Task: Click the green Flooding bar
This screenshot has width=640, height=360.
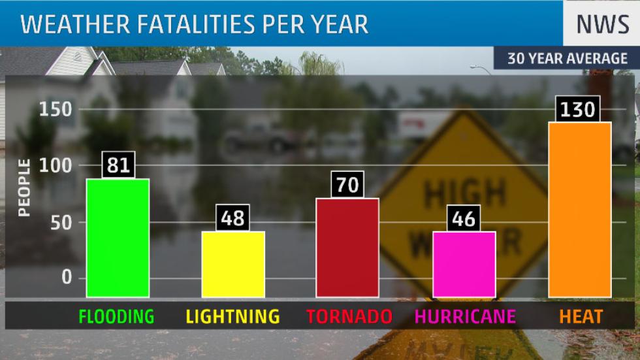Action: pos(118,238)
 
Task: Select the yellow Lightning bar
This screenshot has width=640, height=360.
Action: pos(233,264)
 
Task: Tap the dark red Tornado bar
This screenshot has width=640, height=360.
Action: pos(347,248)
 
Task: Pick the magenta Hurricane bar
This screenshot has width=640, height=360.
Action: pos(464,264)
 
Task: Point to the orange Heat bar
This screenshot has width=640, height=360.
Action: pos(580,209)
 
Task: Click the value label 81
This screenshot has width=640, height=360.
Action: pos(118,165)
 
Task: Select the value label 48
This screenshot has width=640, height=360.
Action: pos(233,218)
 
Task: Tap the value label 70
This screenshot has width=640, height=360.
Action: pos(347,184)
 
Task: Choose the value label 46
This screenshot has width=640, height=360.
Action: pos(464,218)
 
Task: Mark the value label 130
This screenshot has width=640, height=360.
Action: pos(579,108)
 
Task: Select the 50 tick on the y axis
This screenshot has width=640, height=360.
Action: pos(60,222)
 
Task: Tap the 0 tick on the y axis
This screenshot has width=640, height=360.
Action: pos(67,278)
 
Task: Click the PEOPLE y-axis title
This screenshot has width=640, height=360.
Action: pos(24,189)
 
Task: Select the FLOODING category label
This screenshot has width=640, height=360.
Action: pos(116,317)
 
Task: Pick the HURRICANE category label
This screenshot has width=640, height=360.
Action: pos(465,317)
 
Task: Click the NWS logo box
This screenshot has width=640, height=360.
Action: pos(601,24)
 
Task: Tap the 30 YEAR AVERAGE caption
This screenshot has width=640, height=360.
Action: pos(567,59)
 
